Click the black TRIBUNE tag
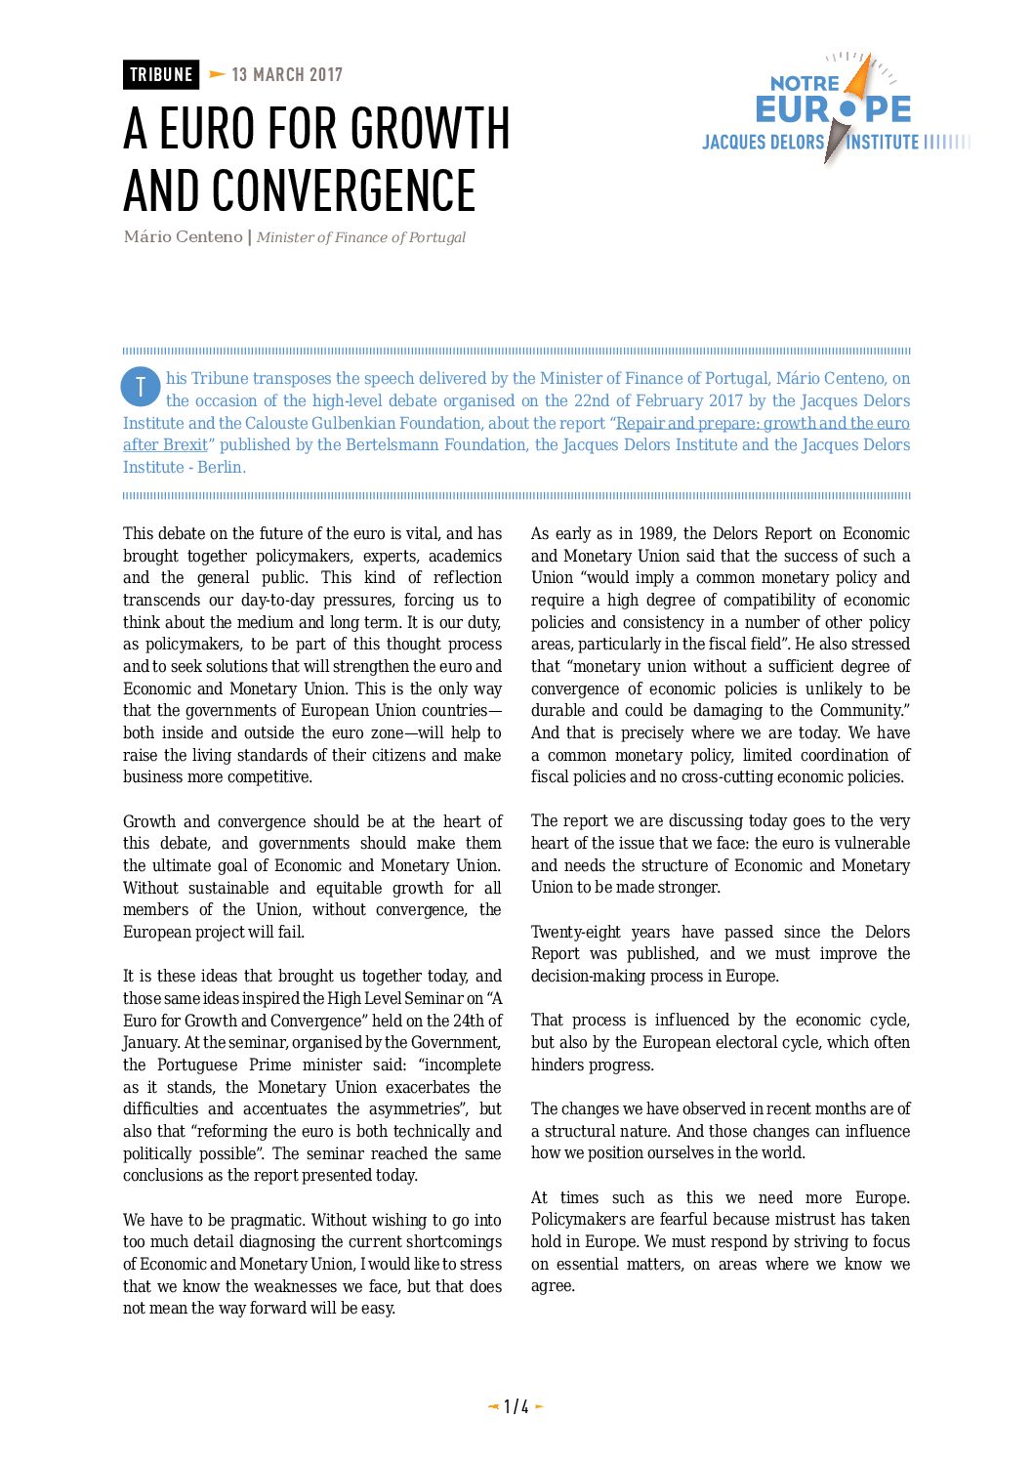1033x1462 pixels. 161,75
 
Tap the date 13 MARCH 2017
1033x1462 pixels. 287,75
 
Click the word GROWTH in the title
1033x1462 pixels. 430,129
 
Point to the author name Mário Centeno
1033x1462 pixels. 183,237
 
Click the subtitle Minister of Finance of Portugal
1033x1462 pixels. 361,237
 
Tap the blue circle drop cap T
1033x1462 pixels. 140,387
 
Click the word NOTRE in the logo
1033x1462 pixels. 805,84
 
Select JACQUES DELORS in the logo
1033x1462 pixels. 763,143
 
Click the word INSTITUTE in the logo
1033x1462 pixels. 883,143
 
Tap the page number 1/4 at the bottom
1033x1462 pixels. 516,1407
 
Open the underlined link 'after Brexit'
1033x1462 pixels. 165,445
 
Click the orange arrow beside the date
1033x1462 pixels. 217,74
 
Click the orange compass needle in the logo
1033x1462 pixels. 859,78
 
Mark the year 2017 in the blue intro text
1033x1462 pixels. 725,401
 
